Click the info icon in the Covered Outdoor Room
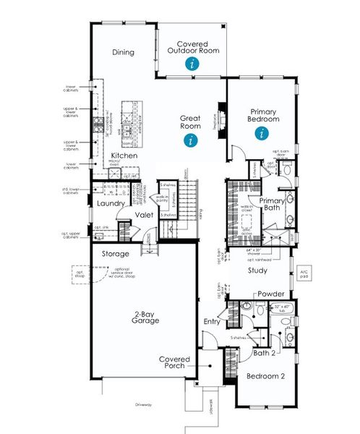[191, 64]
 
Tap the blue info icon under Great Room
[191, 140]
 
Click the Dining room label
[124, 52]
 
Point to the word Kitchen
[124, 156]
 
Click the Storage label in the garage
[115, 254]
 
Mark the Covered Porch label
[174, 362]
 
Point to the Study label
[257, 271]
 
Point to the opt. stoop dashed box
[81, 276]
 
